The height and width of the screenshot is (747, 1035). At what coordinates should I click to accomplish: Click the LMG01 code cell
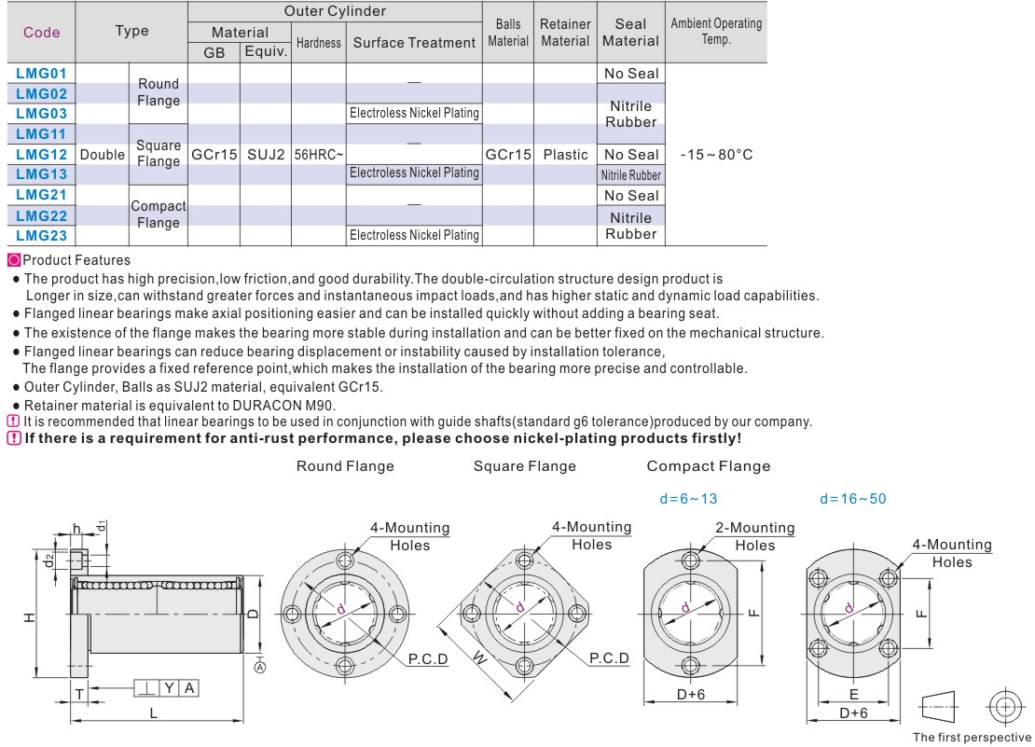coord(42,73)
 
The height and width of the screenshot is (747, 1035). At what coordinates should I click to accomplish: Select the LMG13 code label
coord(42,174)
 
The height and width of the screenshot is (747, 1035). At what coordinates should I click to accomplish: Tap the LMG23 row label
coord(42,236)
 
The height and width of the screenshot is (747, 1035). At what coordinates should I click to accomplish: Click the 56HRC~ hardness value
coord(318,155)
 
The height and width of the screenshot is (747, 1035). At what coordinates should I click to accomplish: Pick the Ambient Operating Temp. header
coord(716,32)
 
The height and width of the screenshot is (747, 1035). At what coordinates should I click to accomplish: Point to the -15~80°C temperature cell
coord(716,155)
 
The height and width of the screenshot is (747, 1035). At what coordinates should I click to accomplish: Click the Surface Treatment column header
coord(414,43)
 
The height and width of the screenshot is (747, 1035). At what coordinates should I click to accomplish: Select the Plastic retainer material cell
coord(565,155)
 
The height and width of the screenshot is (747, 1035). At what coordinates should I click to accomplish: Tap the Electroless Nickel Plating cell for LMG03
coord(414,114)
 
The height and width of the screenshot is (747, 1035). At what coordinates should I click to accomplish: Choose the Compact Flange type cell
coord(158,214)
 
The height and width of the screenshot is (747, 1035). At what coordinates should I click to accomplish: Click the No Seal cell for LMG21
coord(631,196)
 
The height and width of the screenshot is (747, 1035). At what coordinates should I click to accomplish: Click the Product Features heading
coord(76,260)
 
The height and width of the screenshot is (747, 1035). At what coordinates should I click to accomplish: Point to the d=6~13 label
coord(688,499)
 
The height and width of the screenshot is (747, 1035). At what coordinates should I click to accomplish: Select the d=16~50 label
coord(852,499)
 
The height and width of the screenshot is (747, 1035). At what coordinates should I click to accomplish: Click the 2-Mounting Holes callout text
coord(754,536)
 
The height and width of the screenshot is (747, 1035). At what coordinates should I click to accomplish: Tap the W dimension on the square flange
coord(479,658)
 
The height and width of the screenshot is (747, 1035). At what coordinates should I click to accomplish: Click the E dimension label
coord(853,695)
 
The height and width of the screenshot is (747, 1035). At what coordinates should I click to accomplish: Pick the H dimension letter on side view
coord(30,617)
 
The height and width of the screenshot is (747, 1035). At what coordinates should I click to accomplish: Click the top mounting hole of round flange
coord(345,561)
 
